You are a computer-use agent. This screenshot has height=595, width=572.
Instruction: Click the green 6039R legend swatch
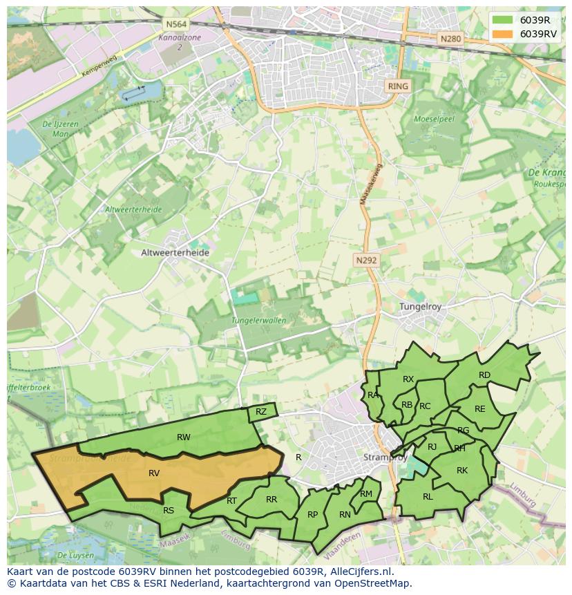click(x=503, y=20)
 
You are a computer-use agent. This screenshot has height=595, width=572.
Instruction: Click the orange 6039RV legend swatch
click(x=503, y=34)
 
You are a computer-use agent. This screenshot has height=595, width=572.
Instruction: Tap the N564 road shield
click(x=173, y=24)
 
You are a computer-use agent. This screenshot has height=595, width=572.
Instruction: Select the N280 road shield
click(x=450, y=39)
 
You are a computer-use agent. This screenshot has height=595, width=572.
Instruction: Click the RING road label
click(x=398, y=86)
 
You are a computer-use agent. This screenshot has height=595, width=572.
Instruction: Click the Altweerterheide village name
click(x=175, y=253)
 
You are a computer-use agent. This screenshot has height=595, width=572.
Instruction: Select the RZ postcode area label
click(x=260, y=412)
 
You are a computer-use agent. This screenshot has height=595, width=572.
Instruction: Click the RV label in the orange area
click(x=154, y=473)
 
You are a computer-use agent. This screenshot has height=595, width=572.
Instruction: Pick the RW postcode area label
click(x=183, y=437)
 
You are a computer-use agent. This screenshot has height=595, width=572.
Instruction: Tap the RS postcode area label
click(x=169, y=511)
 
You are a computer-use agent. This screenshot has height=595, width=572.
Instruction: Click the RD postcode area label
click(x=484, y=375)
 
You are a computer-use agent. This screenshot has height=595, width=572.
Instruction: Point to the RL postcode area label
click(x=428, y=496)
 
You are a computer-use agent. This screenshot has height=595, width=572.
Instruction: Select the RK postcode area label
click(x=462, y=471)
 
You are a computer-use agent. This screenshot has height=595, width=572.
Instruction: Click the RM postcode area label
click(x=365, y=493)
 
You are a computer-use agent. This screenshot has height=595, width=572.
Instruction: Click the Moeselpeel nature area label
click(x=432, y=119)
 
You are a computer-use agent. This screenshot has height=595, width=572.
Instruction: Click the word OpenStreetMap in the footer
click(x=373, y=583)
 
